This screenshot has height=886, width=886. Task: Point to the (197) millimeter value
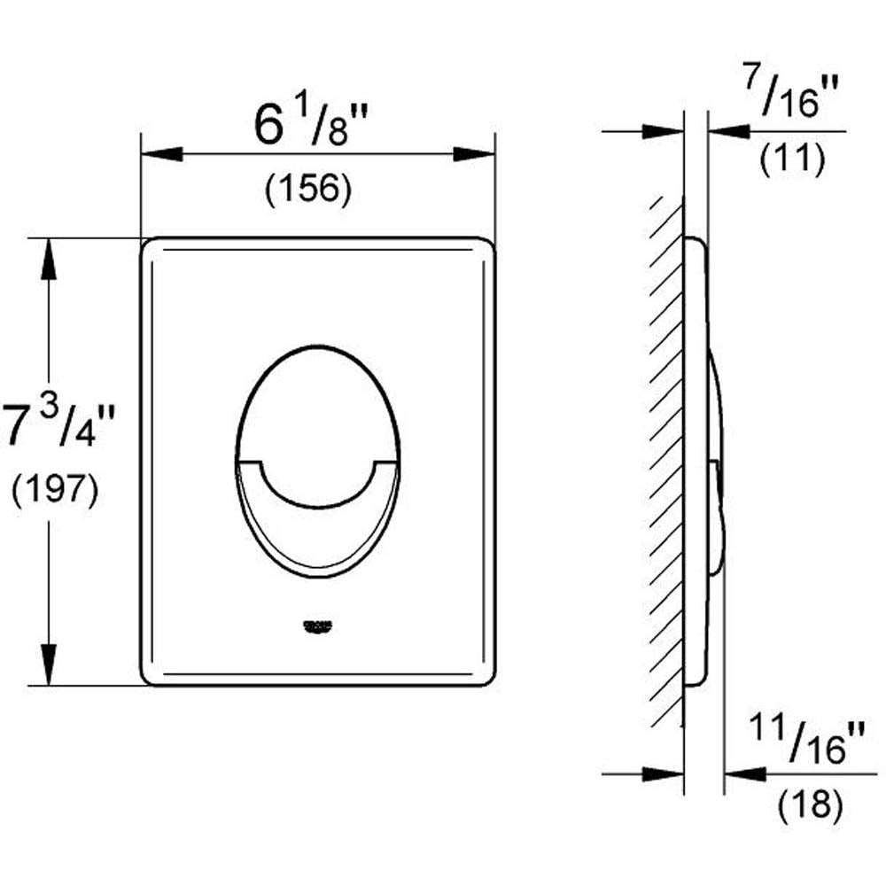click(55, 490)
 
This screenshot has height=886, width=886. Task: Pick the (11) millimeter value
click(794, 159)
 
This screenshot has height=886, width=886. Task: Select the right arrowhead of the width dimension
click(474, 154)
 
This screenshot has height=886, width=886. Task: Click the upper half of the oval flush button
click(317, 403)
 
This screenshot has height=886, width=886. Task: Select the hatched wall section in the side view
click(665, 461)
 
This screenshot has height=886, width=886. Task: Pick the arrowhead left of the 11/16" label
click(744, 773)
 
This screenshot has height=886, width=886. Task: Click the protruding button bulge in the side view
click(719, 461)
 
